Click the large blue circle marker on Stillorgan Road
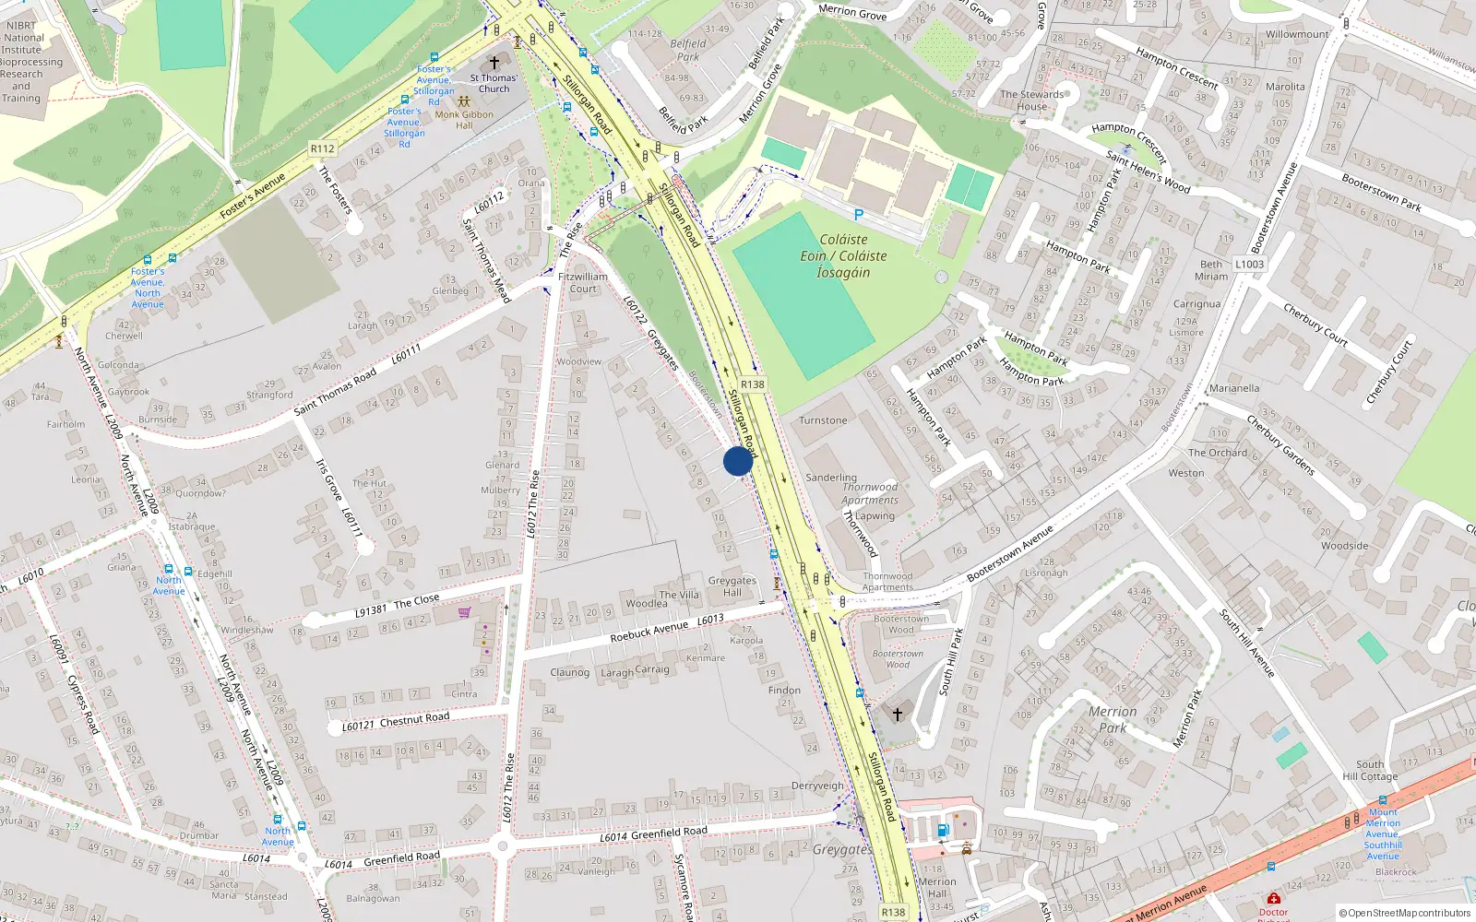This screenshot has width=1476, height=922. [x=738, y=461]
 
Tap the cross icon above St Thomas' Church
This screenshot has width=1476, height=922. [x=494, y=63]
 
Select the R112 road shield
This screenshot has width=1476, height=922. [x=322, y=148]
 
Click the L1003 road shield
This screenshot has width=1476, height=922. [x=1249, y=264]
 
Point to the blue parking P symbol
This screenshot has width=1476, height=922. [x=859, y=215]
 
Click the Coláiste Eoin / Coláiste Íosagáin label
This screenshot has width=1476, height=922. [x=842, y=255]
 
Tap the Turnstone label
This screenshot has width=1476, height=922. [x=823, y=420]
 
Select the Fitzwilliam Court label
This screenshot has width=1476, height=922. [x=583, y=282]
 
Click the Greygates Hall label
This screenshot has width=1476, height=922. [x=732, y=586]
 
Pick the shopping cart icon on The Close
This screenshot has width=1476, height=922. [x=464, y=612]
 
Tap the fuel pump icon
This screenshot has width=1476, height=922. [x=943, y=830]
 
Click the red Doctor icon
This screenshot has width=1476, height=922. [x=1273, y=899]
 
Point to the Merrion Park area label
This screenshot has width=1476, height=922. [x=1113, y=719]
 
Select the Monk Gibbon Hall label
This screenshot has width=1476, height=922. [x=464, y=120]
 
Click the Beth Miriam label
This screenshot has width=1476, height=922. [x=1211, y=270]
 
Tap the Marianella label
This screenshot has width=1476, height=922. [x=1233, y=388]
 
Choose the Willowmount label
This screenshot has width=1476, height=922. [x=1297, y=35]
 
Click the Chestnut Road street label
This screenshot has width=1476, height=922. [x=414, y=719]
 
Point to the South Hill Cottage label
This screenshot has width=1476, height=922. [x=1370, y=770]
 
